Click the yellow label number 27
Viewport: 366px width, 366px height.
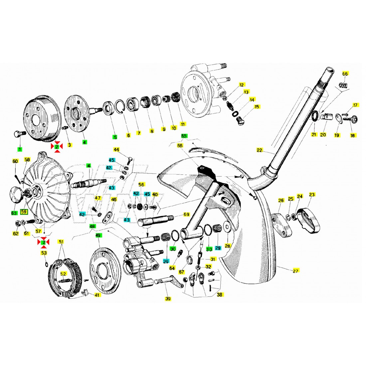(295, 271)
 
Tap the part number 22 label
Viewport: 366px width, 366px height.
(259, 150)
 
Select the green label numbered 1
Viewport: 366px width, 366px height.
(20, 149)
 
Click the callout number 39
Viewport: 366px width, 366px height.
(168, 299)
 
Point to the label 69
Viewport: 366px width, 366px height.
(186, 214)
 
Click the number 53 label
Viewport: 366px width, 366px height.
(44, 253)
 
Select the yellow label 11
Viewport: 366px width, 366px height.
(183, 124)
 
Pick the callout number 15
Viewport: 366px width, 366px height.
(257, 107)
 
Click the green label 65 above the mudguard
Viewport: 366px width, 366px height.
(184, 136)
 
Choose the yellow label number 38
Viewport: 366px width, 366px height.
(220, 294)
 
